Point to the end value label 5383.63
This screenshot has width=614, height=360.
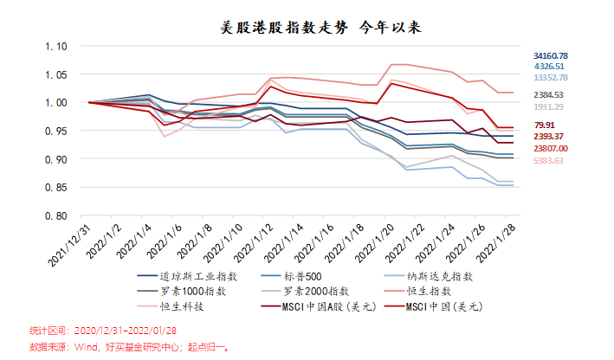tap(548, 160)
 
